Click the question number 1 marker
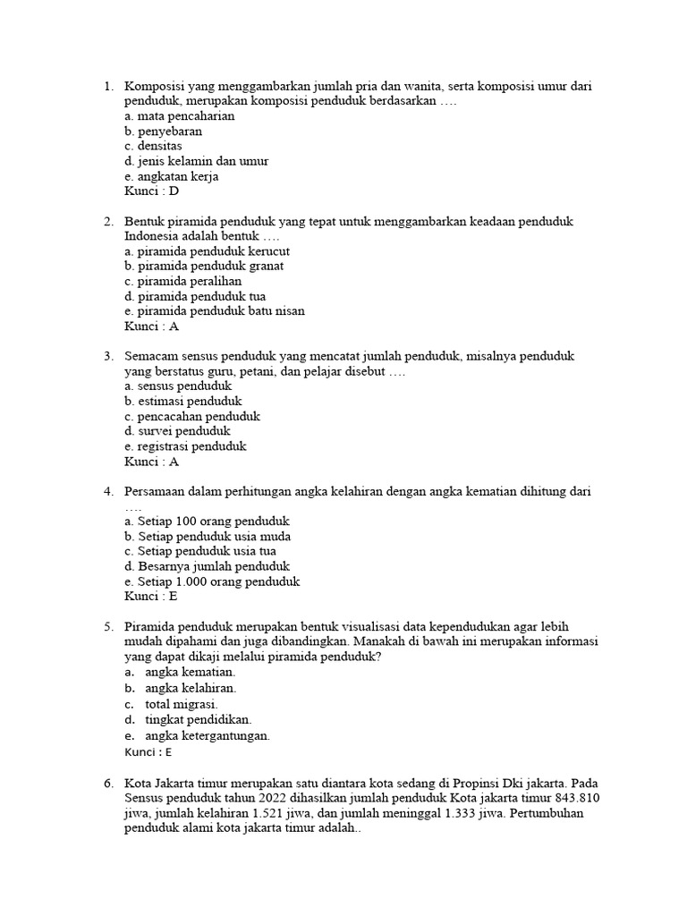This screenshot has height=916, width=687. coord(108,87)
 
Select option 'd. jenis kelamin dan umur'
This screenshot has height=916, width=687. coord(196,161)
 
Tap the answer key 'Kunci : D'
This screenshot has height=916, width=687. coord(152,191)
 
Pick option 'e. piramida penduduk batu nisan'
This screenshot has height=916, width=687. coord(215,311)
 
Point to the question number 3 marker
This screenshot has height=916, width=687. coord(108,356)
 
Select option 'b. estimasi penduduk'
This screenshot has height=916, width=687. coord(183,402)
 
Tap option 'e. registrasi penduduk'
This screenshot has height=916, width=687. coord(185,446)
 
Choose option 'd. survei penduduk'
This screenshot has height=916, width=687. coord(178,431)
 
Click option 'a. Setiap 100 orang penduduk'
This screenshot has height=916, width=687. coord(208,522)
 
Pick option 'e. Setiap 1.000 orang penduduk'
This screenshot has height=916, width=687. coord(212,581)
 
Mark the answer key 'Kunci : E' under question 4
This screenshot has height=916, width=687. coord(151,597)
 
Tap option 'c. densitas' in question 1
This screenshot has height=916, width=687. coord(154,146)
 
